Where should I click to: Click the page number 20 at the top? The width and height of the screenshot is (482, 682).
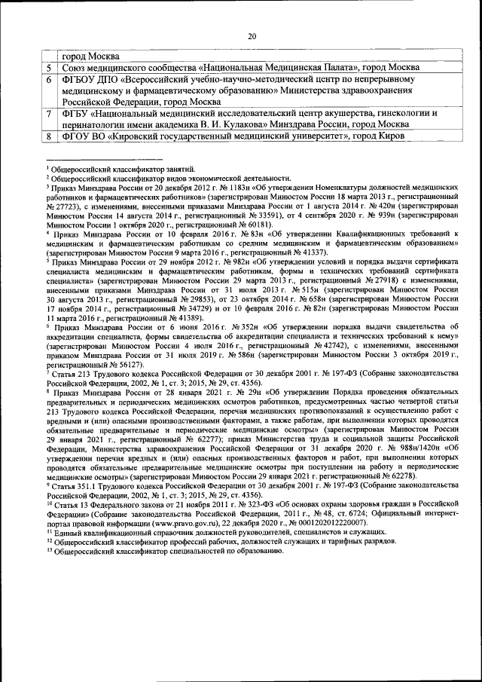[x=252, y=35]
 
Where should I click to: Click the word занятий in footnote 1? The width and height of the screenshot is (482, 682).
[x=178, y=169]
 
